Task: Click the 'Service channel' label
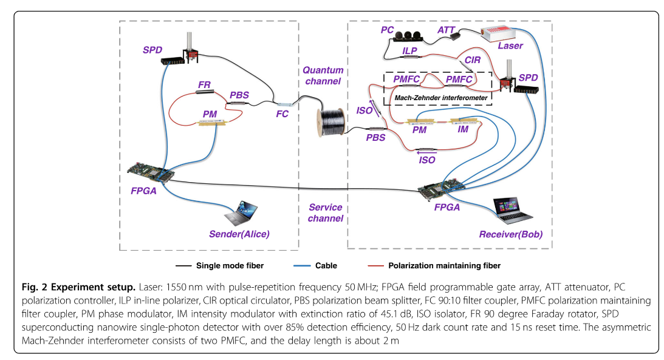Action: (x=326, y=212)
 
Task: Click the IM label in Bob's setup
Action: (x=463, y=129)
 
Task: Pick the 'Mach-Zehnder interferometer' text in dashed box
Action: (x=437, y=96)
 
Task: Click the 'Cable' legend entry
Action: (x=327, y=265)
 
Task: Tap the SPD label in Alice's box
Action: (x=152, y=49)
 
